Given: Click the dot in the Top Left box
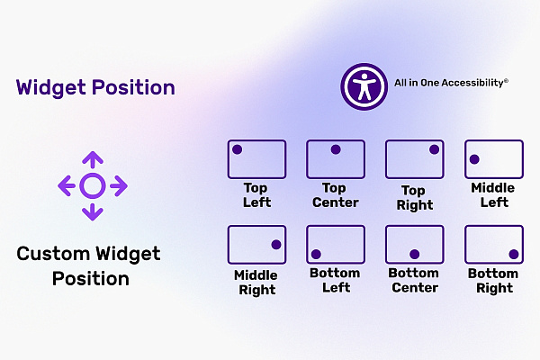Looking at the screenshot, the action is [238, 149].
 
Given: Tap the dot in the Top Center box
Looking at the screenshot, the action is [336, 149].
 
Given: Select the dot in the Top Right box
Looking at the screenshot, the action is [435, 149].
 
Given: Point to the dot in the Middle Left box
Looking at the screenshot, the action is [474, 159].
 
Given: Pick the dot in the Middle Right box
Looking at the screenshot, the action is [276, 245].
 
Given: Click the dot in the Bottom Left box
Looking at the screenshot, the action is [316, 254].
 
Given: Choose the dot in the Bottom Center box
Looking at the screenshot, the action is [415, 254].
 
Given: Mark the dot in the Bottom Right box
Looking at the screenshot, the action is [514, 254].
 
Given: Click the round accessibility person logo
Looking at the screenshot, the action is [364, 86].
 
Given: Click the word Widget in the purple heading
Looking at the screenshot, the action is [51, 88].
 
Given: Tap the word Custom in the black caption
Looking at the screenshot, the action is [53, 254].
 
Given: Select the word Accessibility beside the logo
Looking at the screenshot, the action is [474, 83].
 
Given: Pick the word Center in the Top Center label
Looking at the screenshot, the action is [336, 202].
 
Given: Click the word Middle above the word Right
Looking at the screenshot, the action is [256, 275].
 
